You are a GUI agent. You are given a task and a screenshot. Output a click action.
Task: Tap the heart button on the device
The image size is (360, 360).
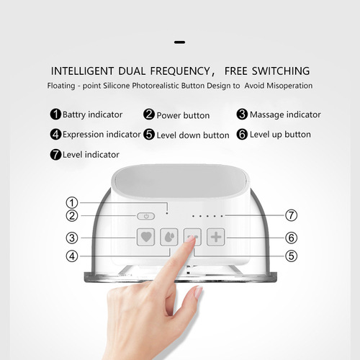[x=145, y=237]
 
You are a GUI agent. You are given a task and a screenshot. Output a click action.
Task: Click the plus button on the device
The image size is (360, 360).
[x=216, y=237]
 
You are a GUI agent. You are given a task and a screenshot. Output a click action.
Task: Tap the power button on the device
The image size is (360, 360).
[x=145, y=216]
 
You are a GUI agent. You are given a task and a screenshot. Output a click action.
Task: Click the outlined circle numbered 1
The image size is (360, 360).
[x=72, y=202]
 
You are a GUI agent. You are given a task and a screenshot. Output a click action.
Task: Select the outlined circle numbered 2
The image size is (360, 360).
[x=72, y=215]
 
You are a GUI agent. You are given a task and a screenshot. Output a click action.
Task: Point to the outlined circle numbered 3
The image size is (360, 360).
[x=72, y=238]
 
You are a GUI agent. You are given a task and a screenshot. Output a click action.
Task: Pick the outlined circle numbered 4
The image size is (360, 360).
[x=72, y=256]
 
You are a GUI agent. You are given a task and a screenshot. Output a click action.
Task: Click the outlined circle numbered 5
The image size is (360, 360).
[x=291, y=256]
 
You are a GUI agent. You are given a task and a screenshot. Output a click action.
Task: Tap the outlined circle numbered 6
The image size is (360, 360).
[x=291, y=238]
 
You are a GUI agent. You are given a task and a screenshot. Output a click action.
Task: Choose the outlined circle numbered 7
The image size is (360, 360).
[x=291, y=215]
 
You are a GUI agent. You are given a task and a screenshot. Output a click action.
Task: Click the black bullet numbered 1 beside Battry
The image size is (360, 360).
[x=55, y=114]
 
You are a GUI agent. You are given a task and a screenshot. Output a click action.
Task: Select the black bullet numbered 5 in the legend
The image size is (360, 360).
[x=149, y=134]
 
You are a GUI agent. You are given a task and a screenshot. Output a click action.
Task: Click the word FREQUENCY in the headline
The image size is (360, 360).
[x=180, y=71]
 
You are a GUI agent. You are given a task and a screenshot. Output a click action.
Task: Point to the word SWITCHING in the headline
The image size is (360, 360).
[x=281, y=71]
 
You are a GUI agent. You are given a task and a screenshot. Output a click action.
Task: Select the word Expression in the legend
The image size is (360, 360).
[x=84, y=135]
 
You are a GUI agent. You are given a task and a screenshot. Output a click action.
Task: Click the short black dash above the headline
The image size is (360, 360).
[x=180, y=42]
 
